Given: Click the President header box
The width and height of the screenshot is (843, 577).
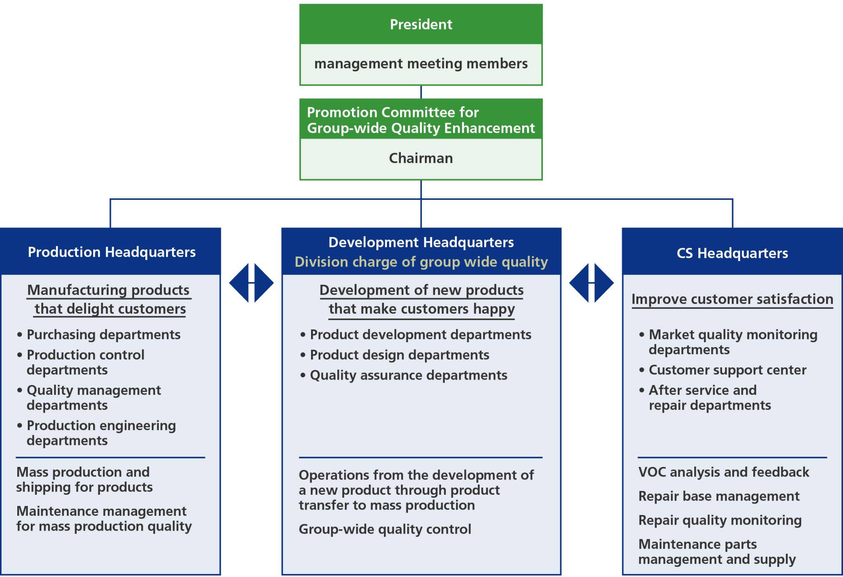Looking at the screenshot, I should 421,24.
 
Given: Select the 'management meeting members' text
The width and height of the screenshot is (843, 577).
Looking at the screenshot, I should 421,64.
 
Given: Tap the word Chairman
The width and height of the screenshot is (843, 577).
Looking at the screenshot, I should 421,158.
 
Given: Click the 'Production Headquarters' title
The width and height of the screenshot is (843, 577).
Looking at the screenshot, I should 112,252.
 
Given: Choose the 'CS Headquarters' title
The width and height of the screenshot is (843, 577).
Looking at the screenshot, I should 732,253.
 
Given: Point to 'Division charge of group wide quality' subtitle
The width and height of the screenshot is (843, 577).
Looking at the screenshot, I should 421,262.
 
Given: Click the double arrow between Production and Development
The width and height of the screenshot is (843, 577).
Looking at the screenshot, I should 251,283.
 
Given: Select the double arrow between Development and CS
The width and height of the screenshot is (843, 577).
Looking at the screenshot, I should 591,283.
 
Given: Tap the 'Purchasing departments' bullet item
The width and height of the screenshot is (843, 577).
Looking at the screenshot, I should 103,334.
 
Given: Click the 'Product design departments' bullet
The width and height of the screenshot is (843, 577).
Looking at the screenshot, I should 399,355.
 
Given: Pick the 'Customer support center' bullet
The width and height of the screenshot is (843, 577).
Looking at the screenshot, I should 727,370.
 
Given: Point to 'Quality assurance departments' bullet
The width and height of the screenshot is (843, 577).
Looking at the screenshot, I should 408,375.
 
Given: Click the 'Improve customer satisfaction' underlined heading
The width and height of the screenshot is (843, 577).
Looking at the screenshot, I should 732,299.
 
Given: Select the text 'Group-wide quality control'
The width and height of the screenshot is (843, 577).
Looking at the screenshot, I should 385,529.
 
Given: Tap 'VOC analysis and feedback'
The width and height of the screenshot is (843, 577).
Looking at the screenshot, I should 724,472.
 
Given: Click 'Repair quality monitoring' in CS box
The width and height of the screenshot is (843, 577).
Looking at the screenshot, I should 720,520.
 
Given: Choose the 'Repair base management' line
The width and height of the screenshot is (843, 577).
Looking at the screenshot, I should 719,496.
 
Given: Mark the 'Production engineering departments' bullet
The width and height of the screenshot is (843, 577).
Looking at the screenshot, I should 101,433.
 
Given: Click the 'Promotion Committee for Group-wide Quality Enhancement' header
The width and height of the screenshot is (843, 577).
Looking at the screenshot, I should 421,120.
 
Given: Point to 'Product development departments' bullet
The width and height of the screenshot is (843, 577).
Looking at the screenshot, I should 420,334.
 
